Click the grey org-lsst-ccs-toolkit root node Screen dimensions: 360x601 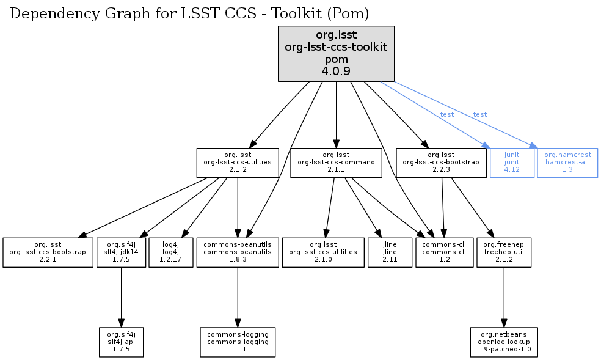(336, 54)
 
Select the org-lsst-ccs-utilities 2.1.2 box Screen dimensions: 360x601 (237, 163)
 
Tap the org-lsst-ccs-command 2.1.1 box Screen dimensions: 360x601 (336, 163)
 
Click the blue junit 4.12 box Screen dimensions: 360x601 (512, 163)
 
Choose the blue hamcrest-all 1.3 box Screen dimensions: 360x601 (567, 163)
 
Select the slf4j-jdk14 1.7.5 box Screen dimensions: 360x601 (121, 252)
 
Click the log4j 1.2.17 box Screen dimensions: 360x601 (170, 252)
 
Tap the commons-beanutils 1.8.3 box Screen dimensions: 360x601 (238, 252)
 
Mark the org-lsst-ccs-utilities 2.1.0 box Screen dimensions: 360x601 (323, 252)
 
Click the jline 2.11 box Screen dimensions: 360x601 (390, 252)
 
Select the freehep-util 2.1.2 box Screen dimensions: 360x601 (503, 252)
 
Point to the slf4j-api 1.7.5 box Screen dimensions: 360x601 (121, 342)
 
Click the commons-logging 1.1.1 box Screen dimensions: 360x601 (238, 342)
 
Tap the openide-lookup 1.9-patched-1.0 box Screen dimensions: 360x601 (504, 342)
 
